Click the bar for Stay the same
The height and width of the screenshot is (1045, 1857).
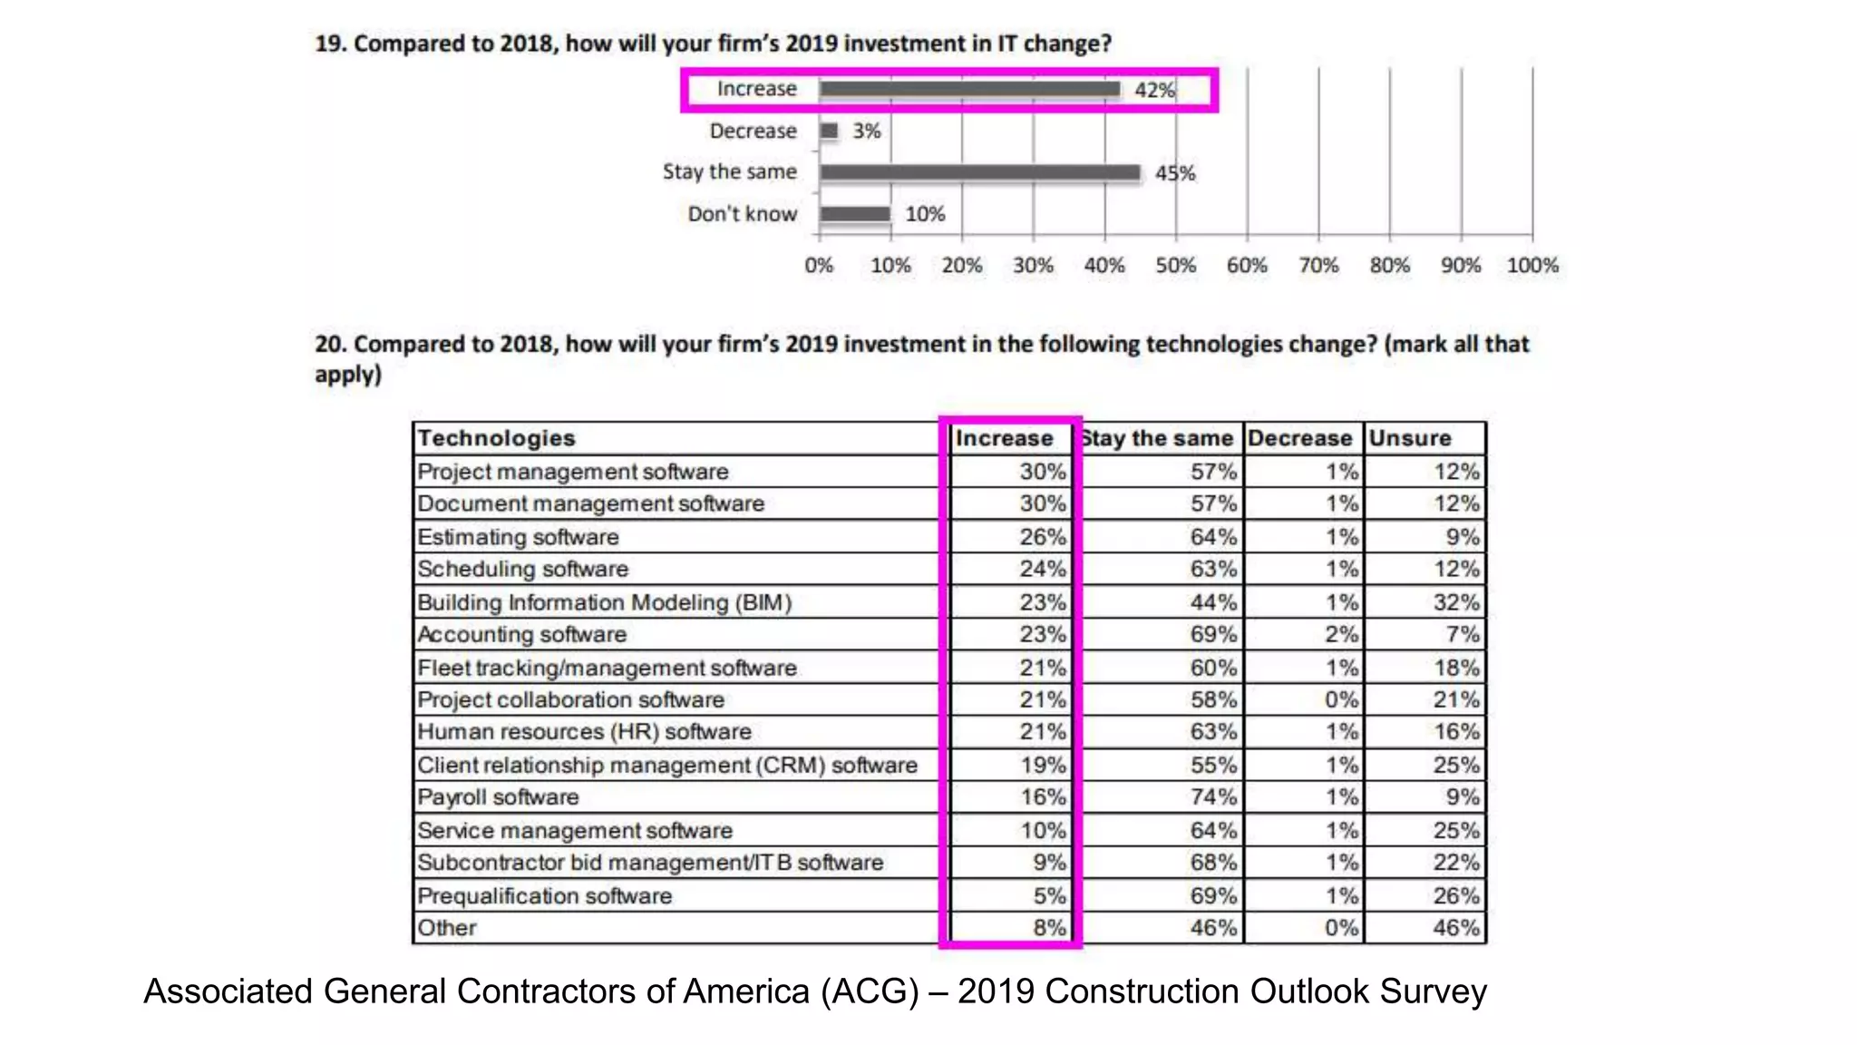[979, 172]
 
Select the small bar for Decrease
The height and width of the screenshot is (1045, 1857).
[829, 131]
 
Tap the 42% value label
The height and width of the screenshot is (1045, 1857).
[1154, 90]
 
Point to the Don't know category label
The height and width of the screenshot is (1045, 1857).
[742, 214]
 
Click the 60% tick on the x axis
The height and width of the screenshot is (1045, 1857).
[1247, 266]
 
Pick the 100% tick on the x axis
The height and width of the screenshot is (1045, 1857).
[1532, 266]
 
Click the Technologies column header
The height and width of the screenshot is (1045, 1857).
[496, 438]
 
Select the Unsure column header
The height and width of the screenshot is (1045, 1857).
[1410, 438]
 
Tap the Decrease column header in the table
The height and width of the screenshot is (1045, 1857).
[1299, 438]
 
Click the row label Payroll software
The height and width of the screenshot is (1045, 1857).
[498, 797]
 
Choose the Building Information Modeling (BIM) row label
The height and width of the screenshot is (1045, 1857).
[604, 602]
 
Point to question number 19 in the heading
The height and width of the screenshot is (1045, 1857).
[330, 44]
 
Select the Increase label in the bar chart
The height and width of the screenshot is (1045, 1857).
[756, 89]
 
